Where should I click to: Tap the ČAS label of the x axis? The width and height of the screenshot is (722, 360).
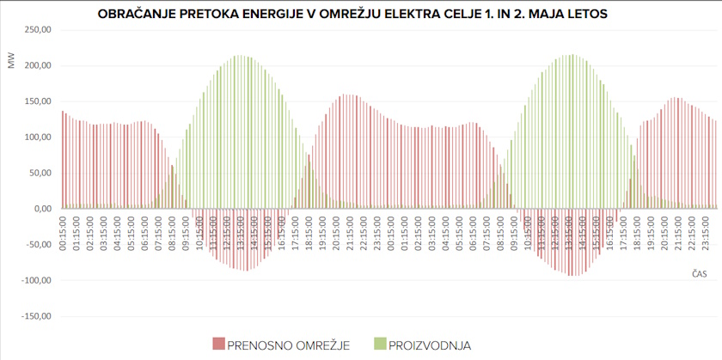699,273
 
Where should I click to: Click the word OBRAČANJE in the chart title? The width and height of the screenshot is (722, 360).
139,15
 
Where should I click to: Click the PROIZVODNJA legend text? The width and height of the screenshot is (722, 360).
430,345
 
